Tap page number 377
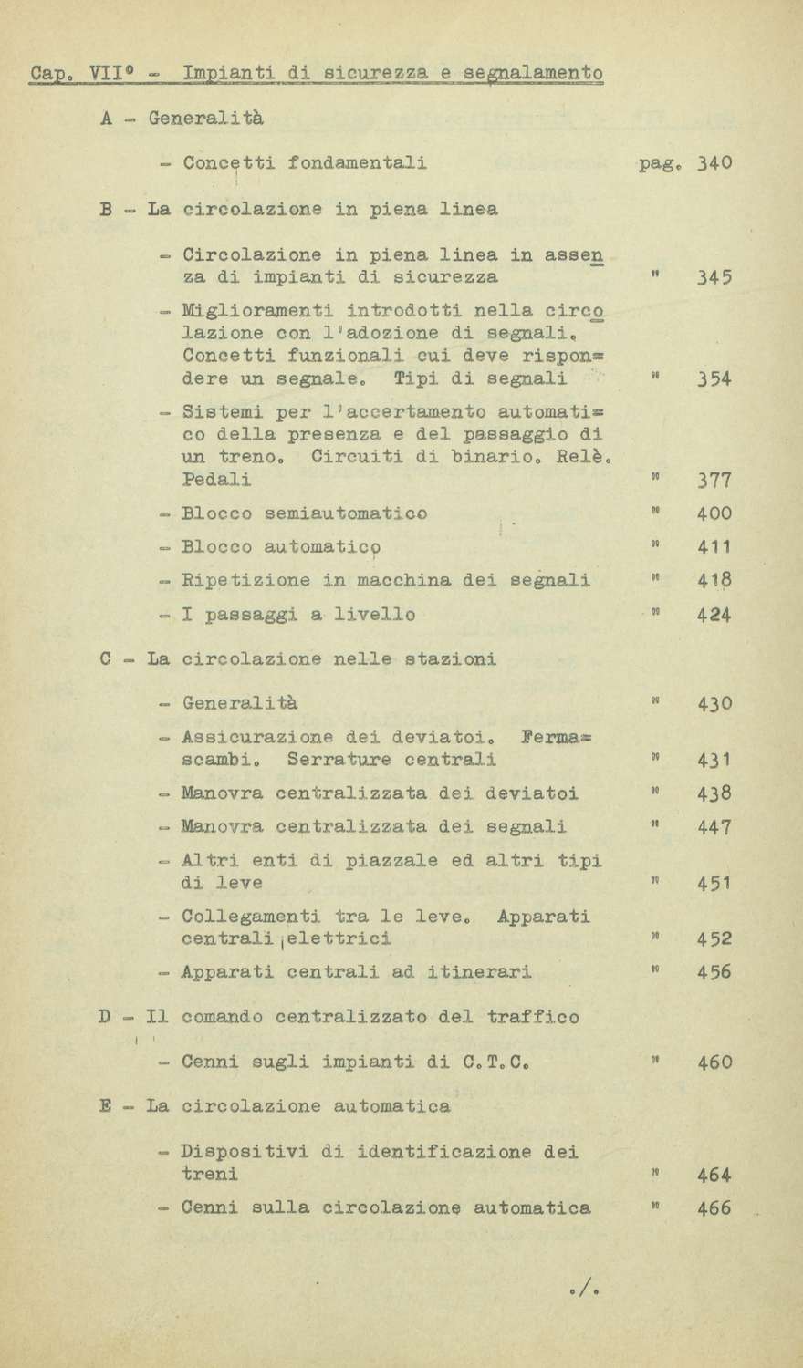(x=714, y=481)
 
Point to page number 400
(x=714, y=514)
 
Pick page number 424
(x=714, y=616)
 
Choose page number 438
(x=714, y=793)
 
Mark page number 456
(x=714, y=973)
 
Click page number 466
(x=714, y=1209)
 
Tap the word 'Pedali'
(x=217, y=480)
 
